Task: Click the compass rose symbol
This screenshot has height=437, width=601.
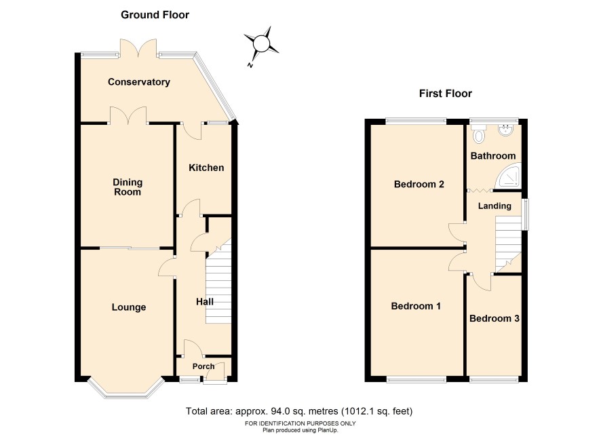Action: [261, 43]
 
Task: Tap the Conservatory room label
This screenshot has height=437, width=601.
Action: [139, 81]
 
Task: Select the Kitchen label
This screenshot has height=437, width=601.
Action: [206, 168]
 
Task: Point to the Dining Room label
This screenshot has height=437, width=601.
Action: [128, 187]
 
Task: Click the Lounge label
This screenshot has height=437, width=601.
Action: [129, 307]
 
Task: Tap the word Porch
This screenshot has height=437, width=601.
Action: [203, 366]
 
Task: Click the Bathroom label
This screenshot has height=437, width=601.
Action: [493, 155]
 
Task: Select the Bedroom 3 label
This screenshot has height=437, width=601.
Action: [494, 318]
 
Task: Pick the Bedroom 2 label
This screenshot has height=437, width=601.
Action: [419, 184]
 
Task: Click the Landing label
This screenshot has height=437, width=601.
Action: [495, 206]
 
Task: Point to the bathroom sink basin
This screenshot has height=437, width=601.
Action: [507, 130]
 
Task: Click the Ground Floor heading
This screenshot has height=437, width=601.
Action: [155, 15]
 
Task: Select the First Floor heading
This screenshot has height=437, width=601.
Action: [446, 94]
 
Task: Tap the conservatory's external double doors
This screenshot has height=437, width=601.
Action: [138, 48]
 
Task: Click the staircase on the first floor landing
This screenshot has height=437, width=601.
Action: [508, 244]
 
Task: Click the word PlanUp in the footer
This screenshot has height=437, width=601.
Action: [328, 430]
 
